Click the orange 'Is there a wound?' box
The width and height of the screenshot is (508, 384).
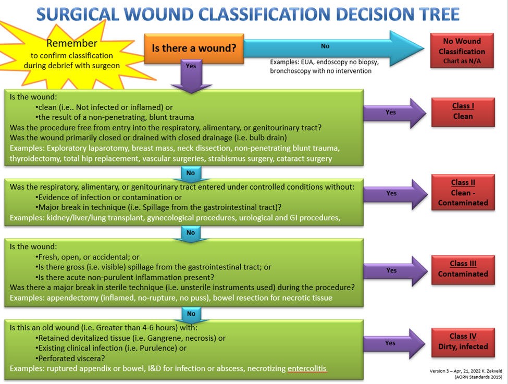194,48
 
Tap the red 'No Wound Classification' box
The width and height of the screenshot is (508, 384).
462,51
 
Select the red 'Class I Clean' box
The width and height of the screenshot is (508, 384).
463,111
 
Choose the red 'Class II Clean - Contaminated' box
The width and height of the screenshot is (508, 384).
463,192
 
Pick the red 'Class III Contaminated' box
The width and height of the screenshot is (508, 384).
463,269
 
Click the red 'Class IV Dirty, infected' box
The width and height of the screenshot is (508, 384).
463,341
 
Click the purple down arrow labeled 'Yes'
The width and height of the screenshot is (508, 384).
191,72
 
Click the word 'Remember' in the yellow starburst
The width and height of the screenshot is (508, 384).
71,44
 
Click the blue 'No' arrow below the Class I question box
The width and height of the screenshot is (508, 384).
191,174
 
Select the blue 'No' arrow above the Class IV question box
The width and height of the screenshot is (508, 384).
191,314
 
